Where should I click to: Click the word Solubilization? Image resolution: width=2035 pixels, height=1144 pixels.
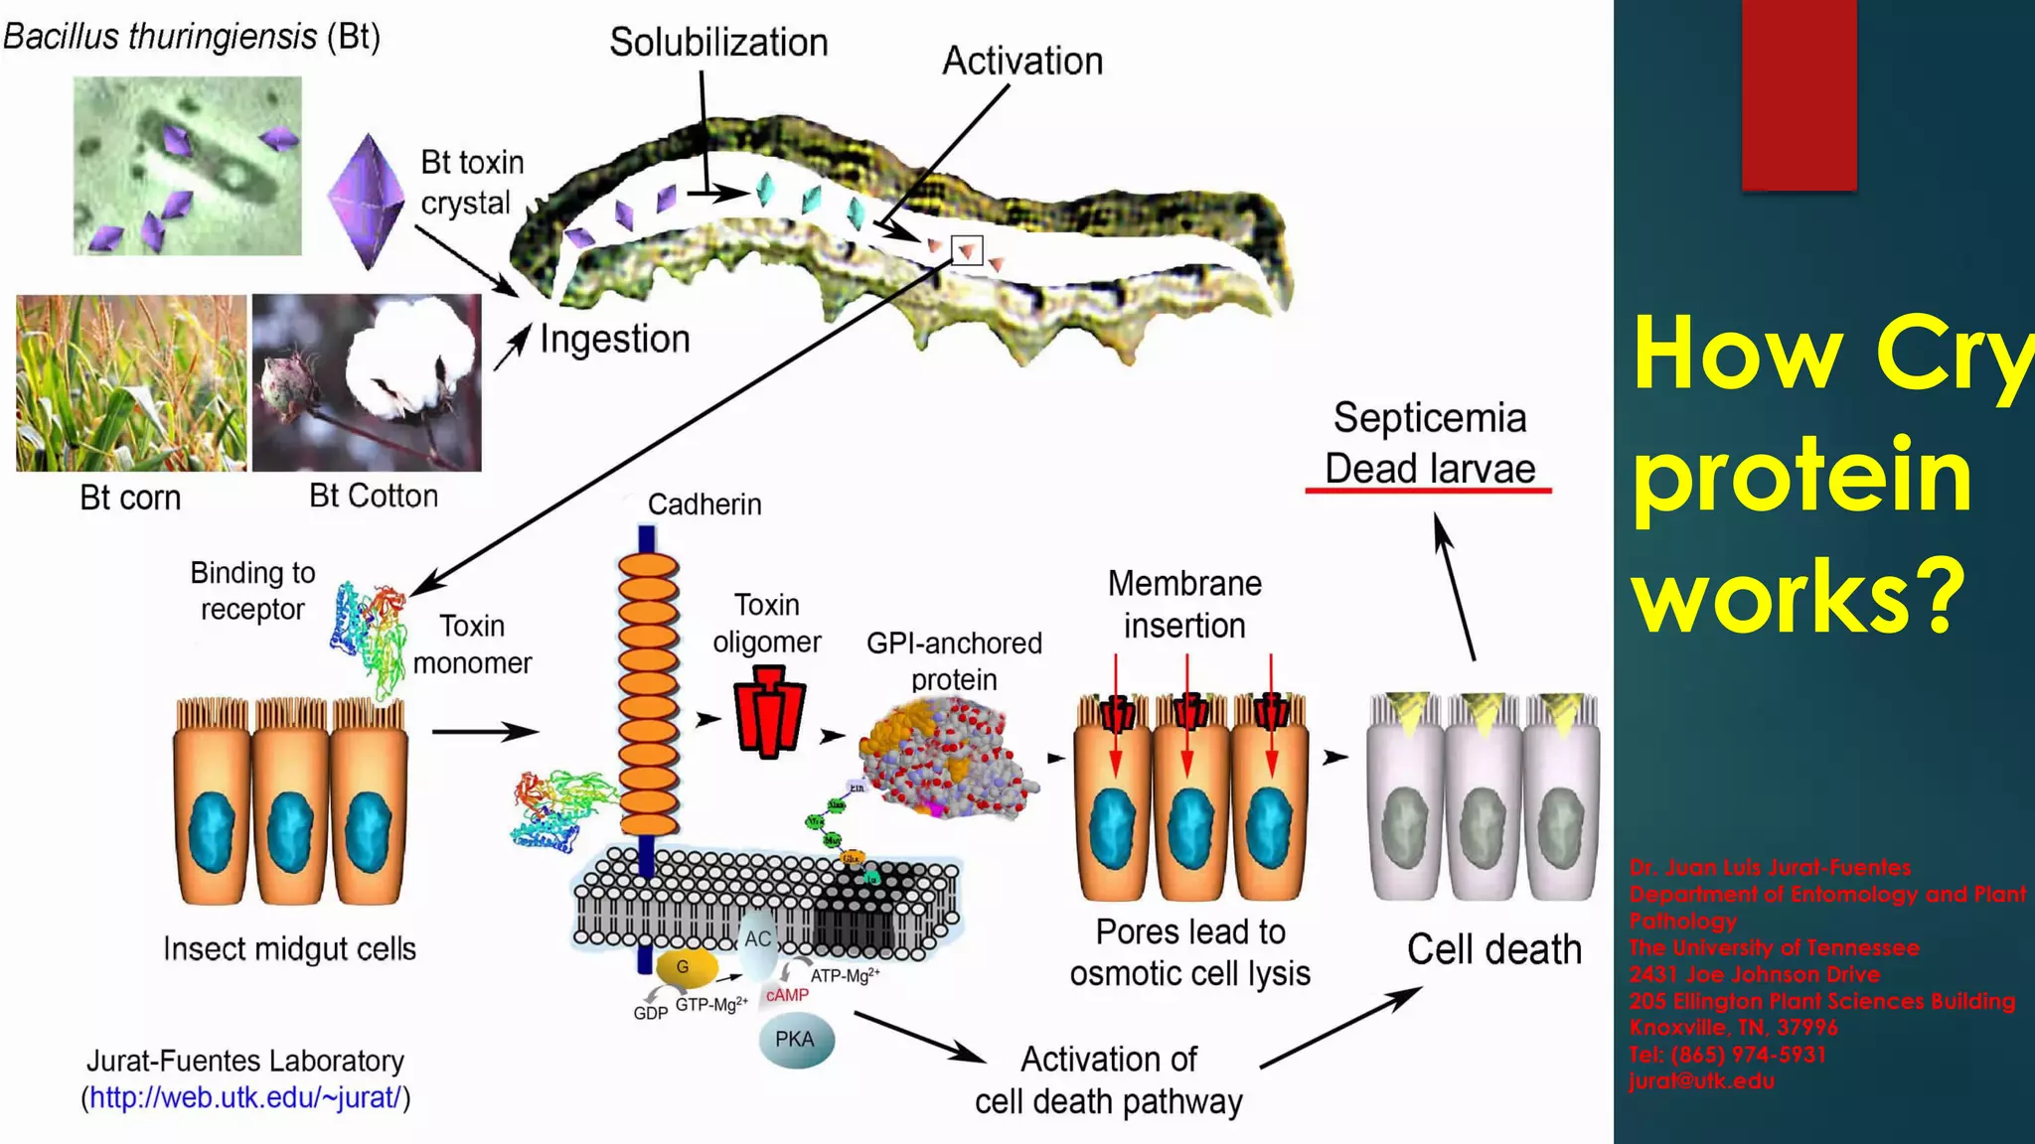718,43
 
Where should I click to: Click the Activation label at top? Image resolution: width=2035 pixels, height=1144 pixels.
1022,62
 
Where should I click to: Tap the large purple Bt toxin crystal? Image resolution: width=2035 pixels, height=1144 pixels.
367,201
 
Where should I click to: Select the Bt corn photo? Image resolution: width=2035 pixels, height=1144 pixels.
131,383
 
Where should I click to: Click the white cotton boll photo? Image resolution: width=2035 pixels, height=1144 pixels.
367,382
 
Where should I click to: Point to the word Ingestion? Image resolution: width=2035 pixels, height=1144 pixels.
615,340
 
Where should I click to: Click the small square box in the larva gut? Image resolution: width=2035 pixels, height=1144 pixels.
967,250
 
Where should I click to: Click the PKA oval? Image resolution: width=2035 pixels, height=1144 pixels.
795,1040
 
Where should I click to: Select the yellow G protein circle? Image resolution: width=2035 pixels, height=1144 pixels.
683,967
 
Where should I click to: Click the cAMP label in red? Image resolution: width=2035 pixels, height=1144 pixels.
787,995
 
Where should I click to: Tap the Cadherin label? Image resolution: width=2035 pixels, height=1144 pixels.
704,504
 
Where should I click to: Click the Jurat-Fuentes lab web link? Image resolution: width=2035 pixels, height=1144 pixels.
245,1098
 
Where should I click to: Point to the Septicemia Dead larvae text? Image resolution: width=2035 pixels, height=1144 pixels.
1429,444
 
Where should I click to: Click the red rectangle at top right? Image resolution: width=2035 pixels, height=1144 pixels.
1799,94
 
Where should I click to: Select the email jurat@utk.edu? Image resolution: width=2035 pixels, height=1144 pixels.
1701,1081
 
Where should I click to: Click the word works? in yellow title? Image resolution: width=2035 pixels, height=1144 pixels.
1799,596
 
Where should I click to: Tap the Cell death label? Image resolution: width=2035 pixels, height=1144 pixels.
1493,950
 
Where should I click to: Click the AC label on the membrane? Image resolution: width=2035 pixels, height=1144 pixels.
758,939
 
